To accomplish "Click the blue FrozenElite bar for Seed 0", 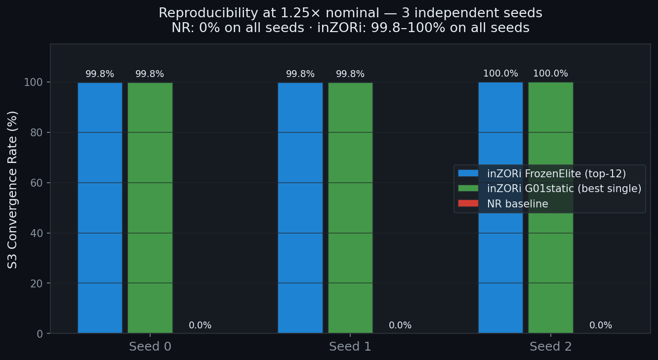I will click(100, 207).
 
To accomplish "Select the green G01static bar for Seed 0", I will click(150, 207).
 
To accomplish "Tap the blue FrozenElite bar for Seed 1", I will click(300, 207).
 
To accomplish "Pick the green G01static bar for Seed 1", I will click(350, 207).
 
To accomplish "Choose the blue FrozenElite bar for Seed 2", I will click(500, 207).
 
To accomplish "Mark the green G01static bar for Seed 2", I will click(551, 207).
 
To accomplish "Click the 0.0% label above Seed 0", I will click(200, 325).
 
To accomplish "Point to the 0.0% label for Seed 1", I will click(400, 325).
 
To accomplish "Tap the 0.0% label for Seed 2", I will click(601, 325).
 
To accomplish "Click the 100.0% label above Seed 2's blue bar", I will click(500, 74).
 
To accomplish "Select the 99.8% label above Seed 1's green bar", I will click(350, 74).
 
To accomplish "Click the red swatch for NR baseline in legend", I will click(468, 203).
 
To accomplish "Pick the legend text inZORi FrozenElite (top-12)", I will click(556, 173).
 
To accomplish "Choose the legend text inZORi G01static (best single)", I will click(564, 189).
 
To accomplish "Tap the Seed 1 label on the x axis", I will click(350, 347).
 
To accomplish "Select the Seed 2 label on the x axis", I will click(551, 347).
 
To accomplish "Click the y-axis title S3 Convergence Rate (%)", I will click(13, 190).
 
